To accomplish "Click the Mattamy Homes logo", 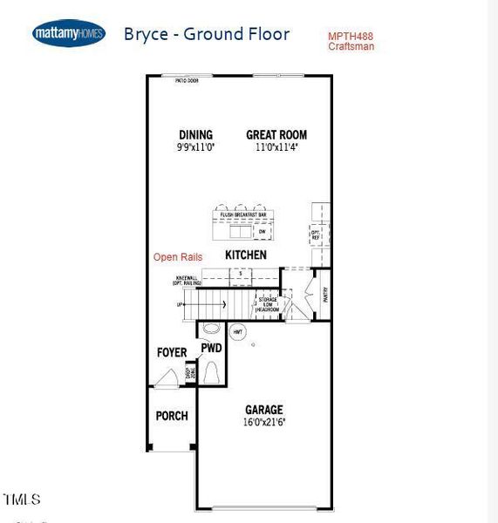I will pos(69,34).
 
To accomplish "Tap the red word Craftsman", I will pos(351,47).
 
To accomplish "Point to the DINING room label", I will pos(195,135).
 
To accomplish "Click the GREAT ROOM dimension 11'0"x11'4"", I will pos(276,148).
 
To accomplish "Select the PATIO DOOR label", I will pos(187,80).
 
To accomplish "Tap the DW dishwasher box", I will pos(261,232).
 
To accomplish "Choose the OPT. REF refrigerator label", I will pos(316,233).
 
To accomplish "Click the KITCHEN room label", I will pos(245,255).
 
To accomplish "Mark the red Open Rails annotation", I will pos(178,257).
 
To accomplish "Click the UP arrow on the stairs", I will pos(181,305).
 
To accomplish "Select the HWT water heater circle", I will pos(238,332).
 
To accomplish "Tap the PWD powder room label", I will pos(211,348).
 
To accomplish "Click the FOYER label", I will pos(172,353).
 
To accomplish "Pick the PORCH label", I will pos(172,416).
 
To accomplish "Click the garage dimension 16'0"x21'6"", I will pos(263,423).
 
